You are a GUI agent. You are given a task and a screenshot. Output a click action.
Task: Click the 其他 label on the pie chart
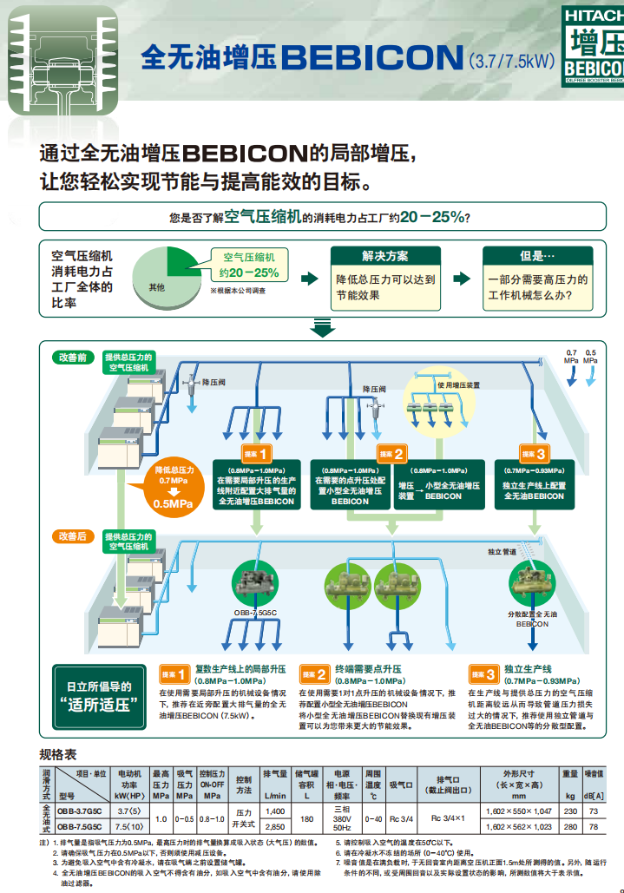(156, 286)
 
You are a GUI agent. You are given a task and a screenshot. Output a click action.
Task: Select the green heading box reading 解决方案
(384, 256)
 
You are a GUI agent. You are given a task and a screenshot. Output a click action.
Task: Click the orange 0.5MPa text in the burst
(174, 503)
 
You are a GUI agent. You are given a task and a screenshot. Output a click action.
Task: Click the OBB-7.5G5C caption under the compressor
(255, 613)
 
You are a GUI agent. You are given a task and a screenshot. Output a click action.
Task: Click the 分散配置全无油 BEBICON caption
(532, 618)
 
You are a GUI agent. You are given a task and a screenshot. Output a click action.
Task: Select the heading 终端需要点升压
(368, 669)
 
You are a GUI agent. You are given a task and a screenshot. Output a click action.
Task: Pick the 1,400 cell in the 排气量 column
(274, 810)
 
